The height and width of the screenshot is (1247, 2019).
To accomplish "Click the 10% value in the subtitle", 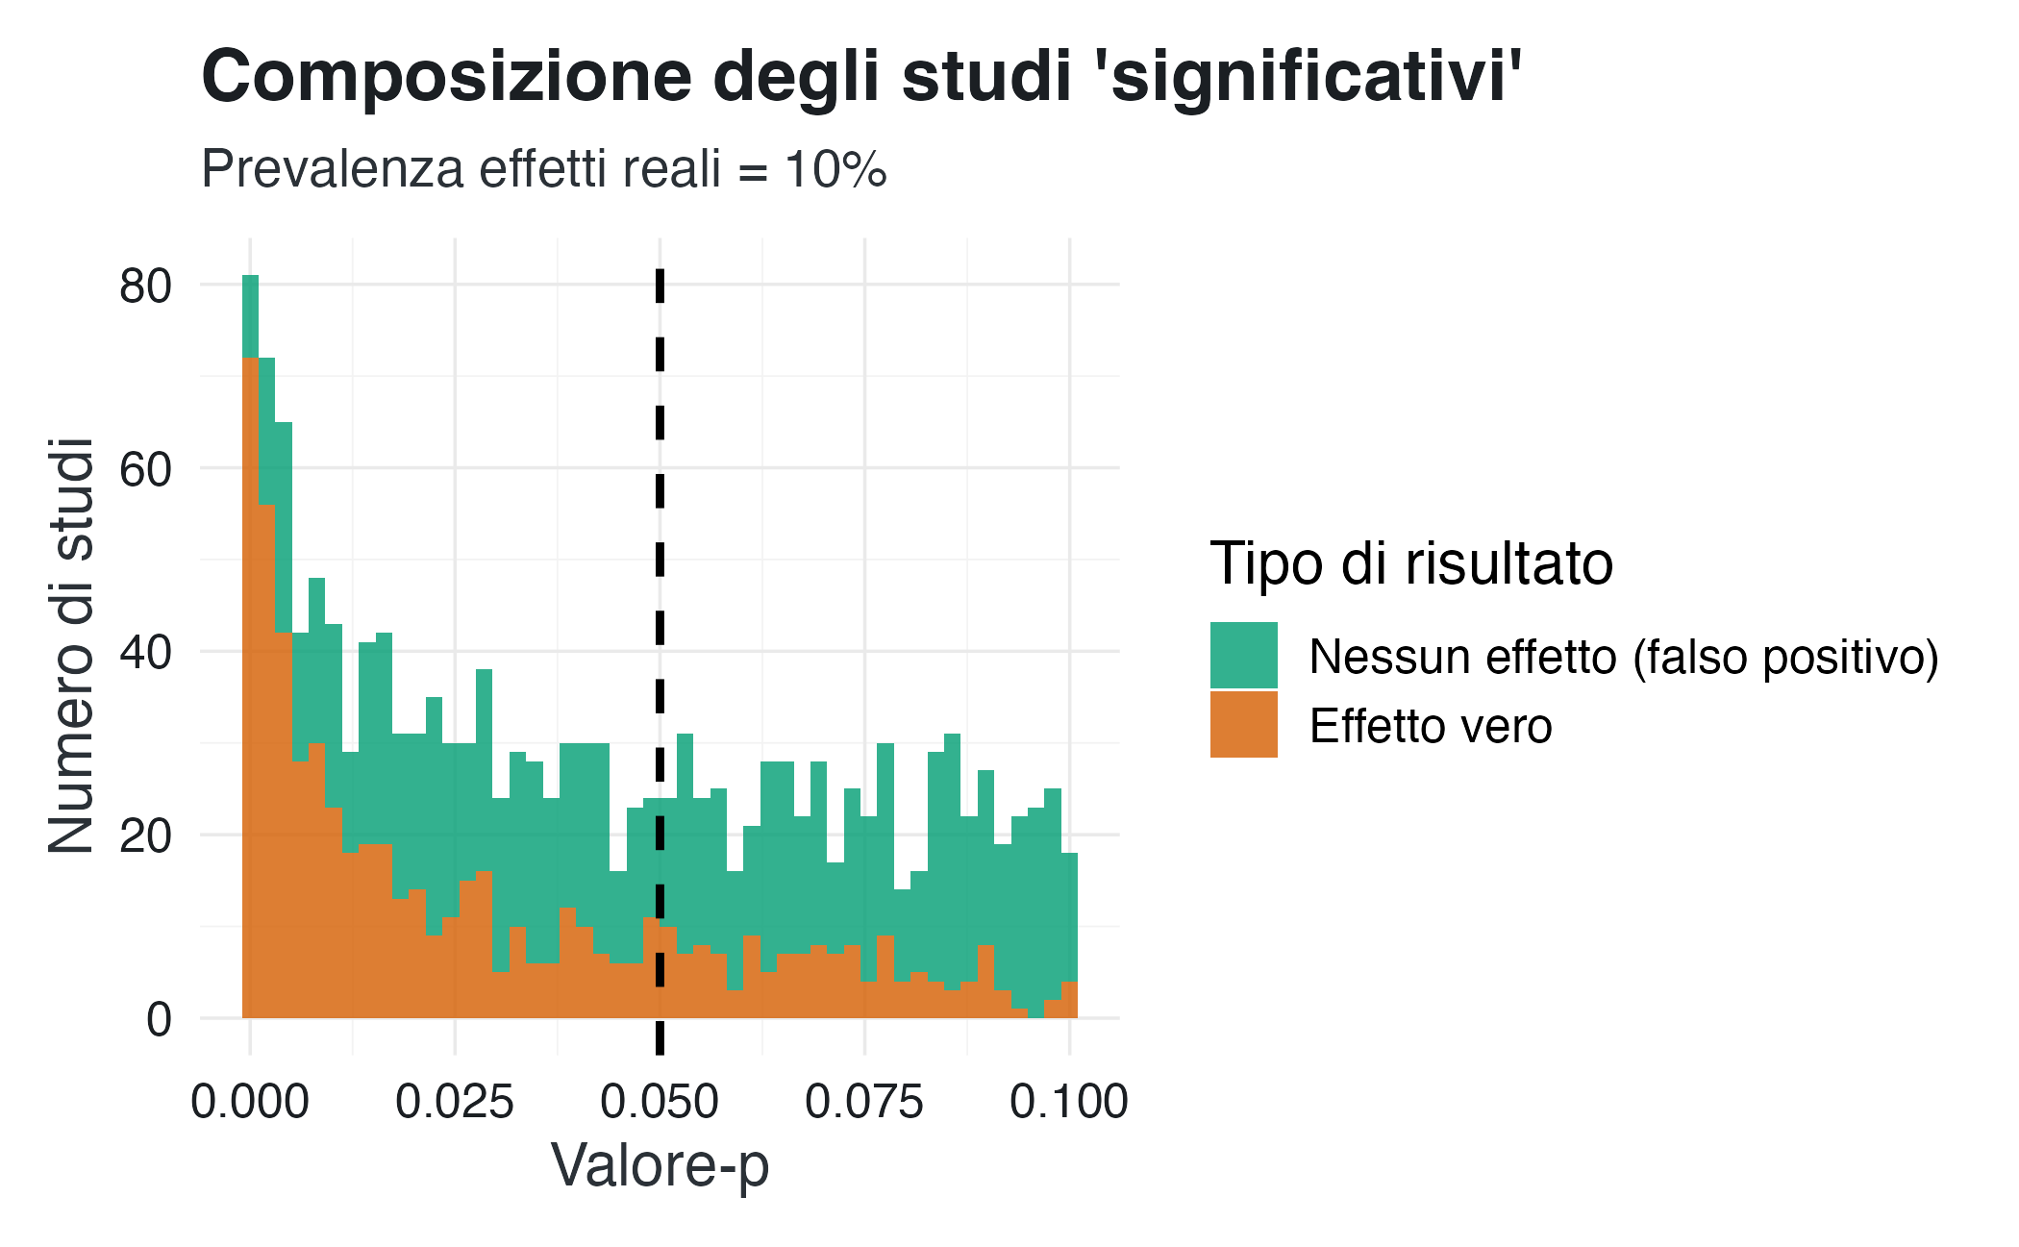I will click(x=835, y=169).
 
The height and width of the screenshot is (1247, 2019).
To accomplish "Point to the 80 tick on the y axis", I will click(x=145, y=286).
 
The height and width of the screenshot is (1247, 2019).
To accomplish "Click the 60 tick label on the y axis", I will click(x=145, y=469).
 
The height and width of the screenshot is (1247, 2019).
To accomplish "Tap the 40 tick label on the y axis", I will click(x=145, y=652).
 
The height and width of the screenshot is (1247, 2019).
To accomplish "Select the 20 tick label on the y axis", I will click(x=145, y=835).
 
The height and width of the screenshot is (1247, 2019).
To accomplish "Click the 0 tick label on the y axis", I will click(x=159, y=1019).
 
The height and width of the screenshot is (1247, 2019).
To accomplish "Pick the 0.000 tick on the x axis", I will click(x=250, y=1102).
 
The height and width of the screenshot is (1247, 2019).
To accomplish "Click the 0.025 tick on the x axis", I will click(x=455, y=1102).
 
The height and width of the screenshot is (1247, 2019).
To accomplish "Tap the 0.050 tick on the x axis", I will click(x=660, y=1102).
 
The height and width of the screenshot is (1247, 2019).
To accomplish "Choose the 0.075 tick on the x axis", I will click(x=864, y=1102).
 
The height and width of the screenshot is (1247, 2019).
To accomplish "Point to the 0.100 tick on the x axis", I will click(x=1069, y=1102).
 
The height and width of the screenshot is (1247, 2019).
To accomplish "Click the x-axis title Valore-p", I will click(x=660, y=1166).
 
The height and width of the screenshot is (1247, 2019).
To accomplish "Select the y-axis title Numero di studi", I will click(x=71, y=646).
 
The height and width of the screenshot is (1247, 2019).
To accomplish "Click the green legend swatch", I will click(x=1243, y=655).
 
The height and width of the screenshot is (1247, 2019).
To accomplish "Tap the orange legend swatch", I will click(x=1243, y=724).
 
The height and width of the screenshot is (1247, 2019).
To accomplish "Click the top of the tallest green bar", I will click(x=250, y=277).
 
